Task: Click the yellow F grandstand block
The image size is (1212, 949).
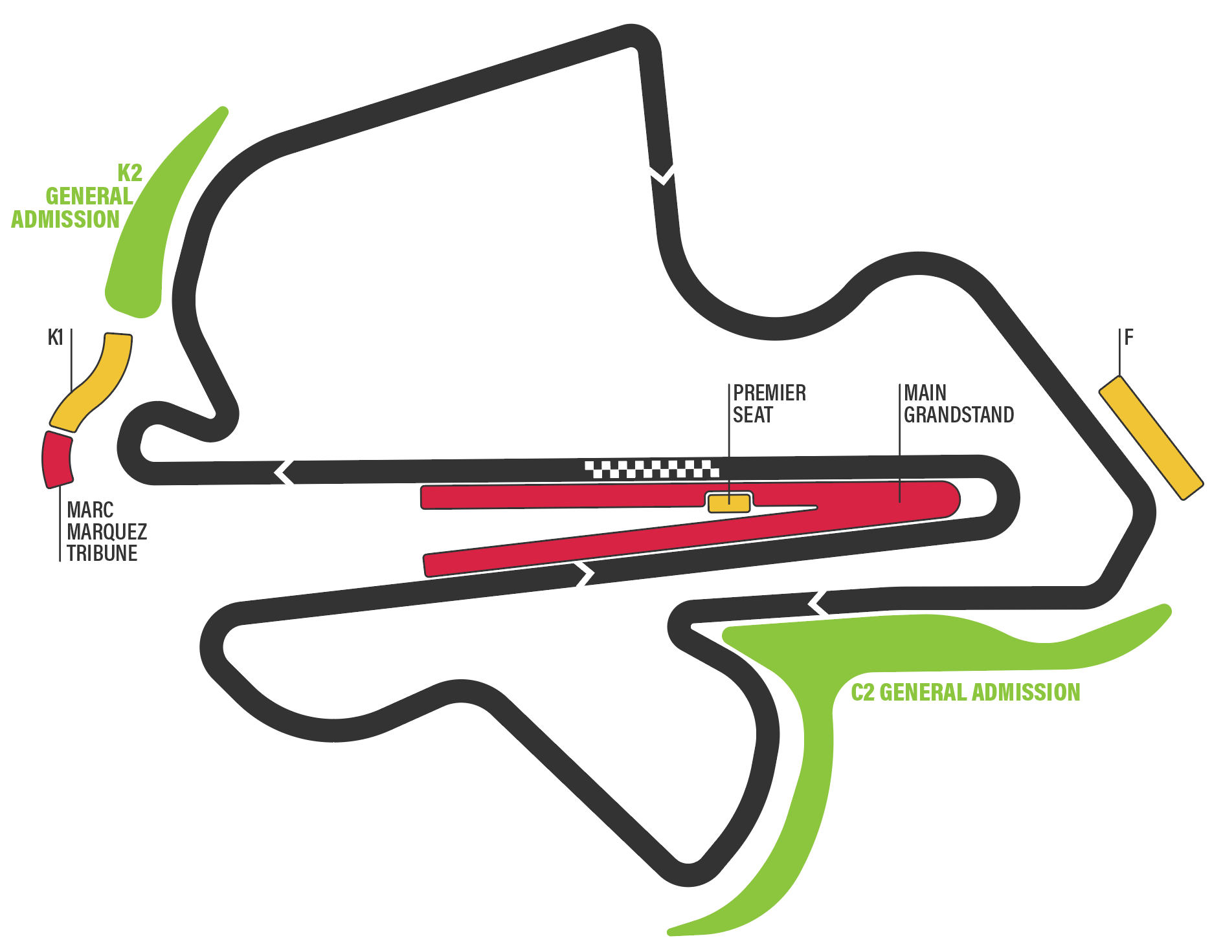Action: pos(1151,438)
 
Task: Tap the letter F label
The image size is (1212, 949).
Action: pos(1128,337)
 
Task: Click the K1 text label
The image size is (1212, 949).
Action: pos(56,337)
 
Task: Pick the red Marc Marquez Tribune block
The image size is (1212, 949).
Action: pos(57,459)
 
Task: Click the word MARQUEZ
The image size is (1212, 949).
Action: pos(107,532)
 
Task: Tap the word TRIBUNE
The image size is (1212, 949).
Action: pos(102,554)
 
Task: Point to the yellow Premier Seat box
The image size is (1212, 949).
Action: pos(729,503)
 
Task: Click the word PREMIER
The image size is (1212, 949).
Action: pos(769,393)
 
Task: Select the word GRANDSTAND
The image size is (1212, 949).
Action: pos(959,415)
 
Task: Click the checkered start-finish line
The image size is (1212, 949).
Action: pos(651,469)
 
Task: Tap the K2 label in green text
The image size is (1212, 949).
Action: pos(129,173)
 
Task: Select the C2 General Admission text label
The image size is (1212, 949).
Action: pos(965,692)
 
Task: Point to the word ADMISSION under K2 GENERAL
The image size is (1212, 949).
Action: pos(65,219)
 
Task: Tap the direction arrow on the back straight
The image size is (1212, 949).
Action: pos(584,574)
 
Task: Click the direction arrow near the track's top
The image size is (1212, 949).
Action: pos(662,173)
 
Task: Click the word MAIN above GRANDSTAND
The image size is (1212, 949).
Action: pos(925,393)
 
